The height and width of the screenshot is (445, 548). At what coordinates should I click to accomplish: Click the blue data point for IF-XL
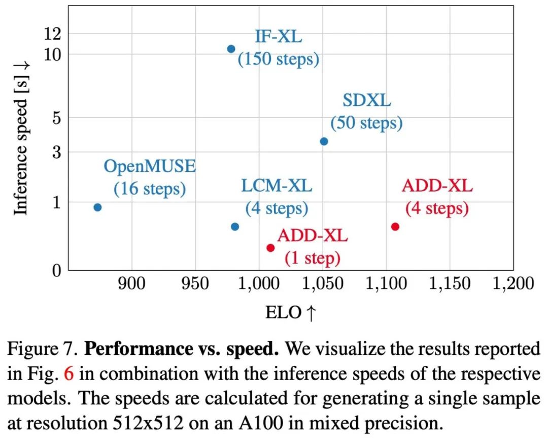(231, 49)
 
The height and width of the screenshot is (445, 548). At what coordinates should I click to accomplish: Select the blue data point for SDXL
(324, 141)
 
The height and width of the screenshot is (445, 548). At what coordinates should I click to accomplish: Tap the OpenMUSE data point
(97, 207)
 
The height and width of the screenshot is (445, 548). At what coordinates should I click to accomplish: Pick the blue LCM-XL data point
(235, 227)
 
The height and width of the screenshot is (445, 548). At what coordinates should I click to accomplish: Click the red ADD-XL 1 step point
(270, 248)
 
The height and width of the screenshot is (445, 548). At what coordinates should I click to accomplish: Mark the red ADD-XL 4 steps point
(395, 227)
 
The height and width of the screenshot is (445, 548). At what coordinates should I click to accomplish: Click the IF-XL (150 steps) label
(278, 48)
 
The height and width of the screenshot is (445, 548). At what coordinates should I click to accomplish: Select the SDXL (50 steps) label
(366, 112)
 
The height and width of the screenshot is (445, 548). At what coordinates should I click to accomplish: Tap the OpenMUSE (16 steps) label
(150, 177)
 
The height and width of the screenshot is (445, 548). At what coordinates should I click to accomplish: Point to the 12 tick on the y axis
(52, 34)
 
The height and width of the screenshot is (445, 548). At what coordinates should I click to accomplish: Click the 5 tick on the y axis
(56, 118)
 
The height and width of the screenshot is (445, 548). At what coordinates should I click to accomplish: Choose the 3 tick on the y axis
(56, 152)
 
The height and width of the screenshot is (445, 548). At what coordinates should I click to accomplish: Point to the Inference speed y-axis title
(20, 138)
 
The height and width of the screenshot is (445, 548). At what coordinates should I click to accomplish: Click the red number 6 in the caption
(69, 374)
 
